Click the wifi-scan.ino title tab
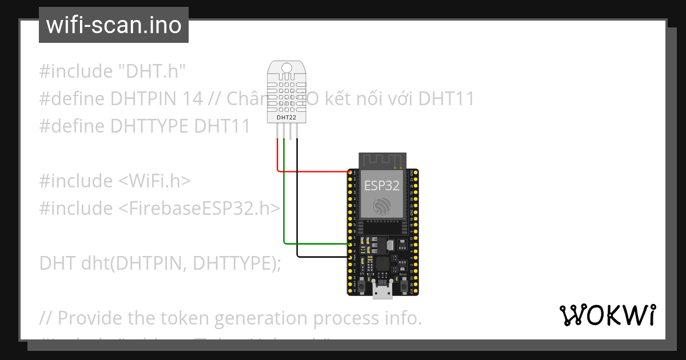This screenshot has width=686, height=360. [114, 25]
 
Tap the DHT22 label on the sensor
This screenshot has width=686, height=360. [286, 118]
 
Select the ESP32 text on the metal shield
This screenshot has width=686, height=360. [382, 185]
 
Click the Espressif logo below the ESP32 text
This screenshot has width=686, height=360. [382, 206]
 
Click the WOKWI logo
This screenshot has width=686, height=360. [607, 315]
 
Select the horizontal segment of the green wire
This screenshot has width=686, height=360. [317, 244]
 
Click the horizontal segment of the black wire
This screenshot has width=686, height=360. [323, 257]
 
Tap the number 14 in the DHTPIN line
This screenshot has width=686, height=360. [194, 99]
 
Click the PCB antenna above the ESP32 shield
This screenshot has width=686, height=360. [382, 160]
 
